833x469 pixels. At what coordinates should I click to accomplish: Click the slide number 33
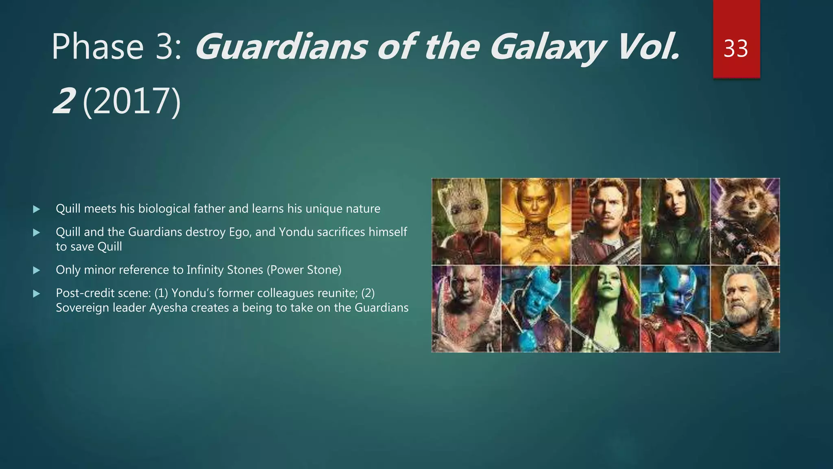(x=736, y=48)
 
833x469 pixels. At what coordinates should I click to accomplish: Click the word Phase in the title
(x=98, y=48)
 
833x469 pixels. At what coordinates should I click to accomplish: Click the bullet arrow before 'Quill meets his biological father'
(x=37, y=209)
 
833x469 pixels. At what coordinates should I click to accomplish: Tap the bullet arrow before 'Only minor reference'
(x=37, y=270)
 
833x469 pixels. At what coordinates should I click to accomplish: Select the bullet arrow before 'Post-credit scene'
(x=37, y=294)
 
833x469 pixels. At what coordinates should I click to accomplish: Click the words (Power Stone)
(x=304, y=270)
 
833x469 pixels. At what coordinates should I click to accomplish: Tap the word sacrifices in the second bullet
(x=341, y=232)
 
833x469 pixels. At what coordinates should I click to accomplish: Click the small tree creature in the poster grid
(x=466, y=220)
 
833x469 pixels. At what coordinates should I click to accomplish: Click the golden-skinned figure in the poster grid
(x=536, y=220)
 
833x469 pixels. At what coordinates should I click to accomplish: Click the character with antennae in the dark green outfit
(x=675, y=220)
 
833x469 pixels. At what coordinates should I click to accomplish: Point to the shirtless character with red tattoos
(x=466, y=309)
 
